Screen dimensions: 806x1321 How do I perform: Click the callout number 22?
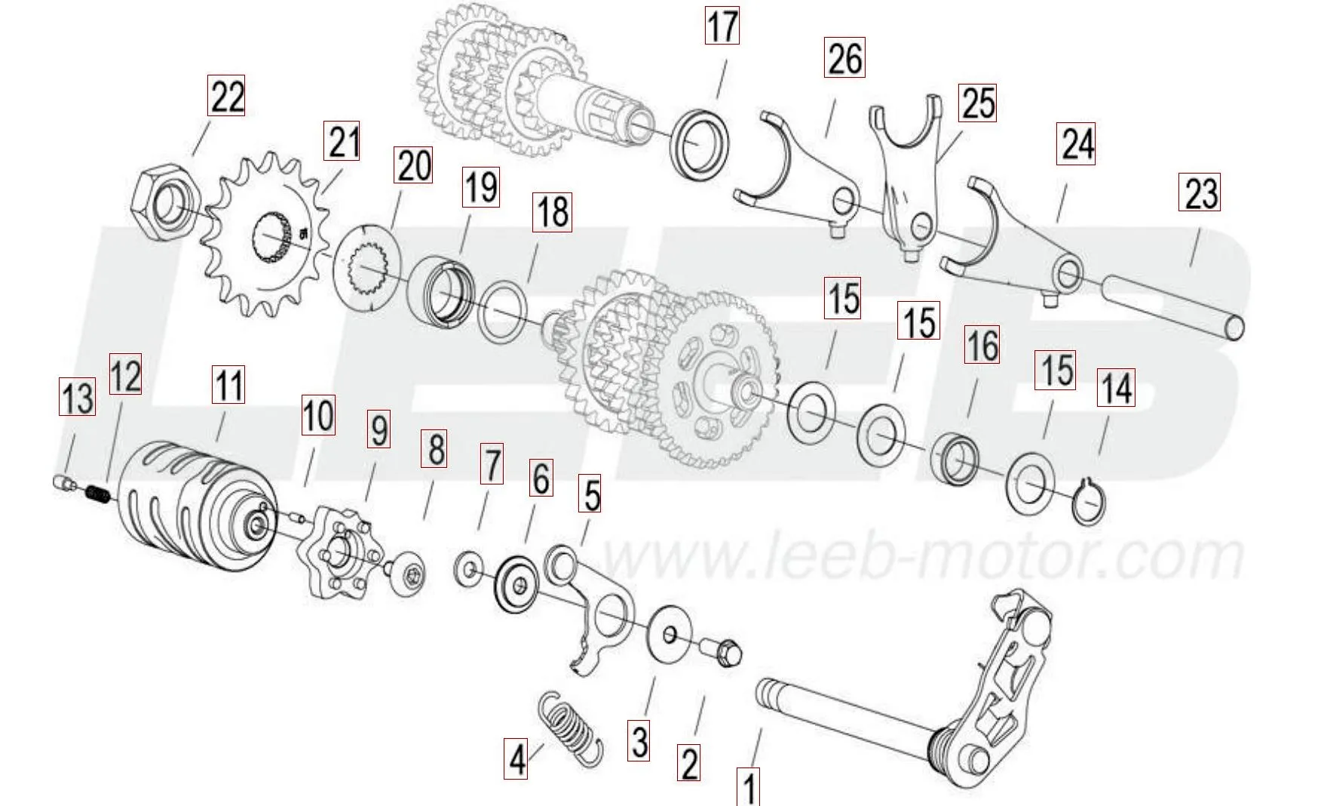[227, 97]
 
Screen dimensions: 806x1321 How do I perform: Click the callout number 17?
[722, 26]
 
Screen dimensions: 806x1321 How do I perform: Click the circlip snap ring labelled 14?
[1089, 503]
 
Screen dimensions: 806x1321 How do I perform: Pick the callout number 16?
[982, 346]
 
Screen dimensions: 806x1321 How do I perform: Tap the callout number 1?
[749, 787]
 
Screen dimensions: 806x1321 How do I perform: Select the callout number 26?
[844, 58]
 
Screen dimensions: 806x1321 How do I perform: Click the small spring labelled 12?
[97, 494]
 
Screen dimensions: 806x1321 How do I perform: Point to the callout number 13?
[78, 398]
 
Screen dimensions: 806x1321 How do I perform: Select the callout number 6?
[541, 477]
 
